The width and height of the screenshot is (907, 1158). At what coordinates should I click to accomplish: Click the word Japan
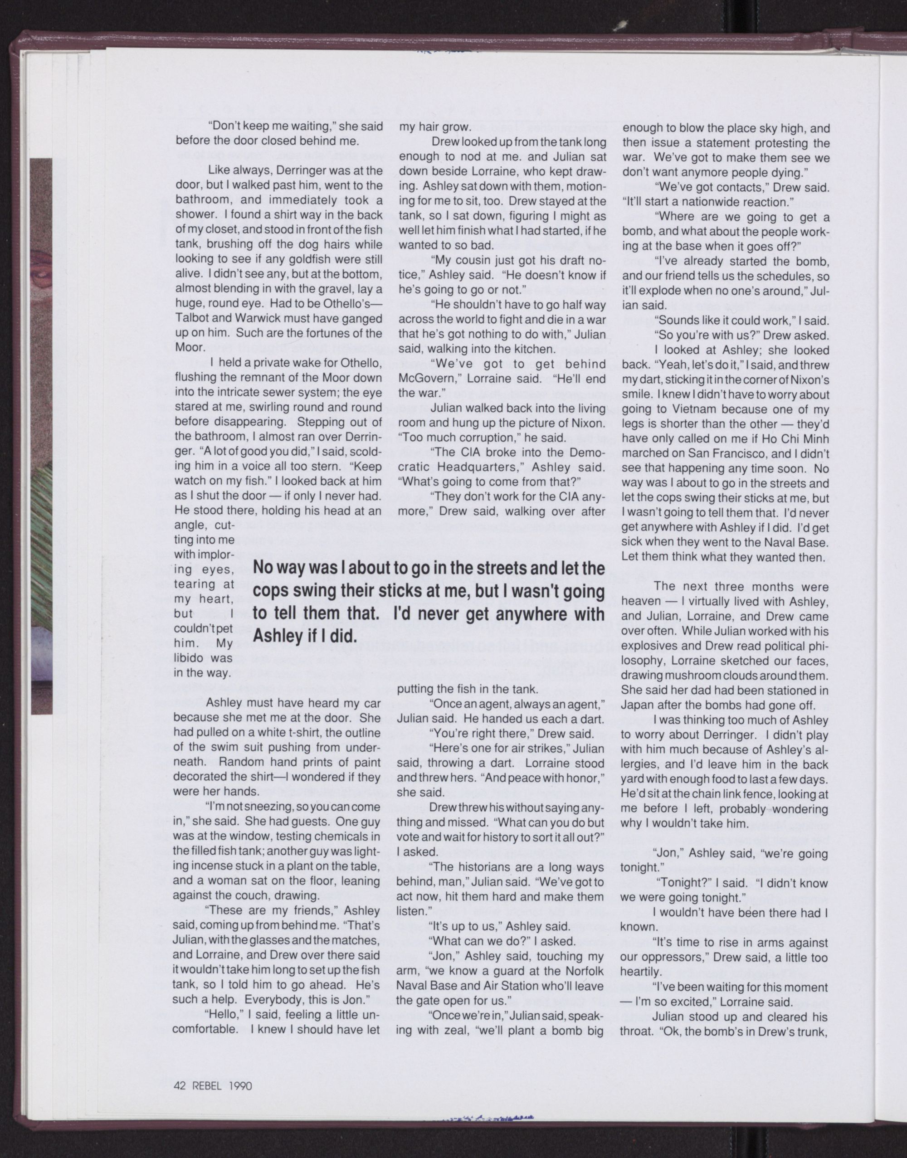(637, 706)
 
